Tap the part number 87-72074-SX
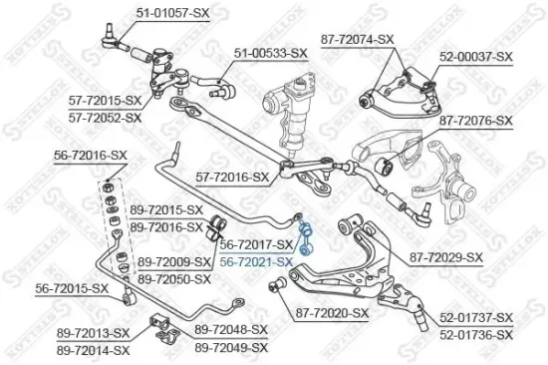point(358,39)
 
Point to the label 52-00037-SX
point(475,57)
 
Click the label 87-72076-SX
point(475,121)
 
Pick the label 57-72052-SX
point(105,117)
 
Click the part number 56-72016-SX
point(91,156)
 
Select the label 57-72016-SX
point(232,177)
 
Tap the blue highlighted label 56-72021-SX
point(256,260)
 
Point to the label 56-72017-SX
point(256,244)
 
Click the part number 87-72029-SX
point(445,256)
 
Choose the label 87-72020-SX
point(332,312)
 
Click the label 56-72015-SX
point(72,288)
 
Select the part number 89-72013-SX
point(94,332)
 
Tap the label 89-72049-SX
point(231,346)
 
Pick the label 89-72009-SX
point(175,261)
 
